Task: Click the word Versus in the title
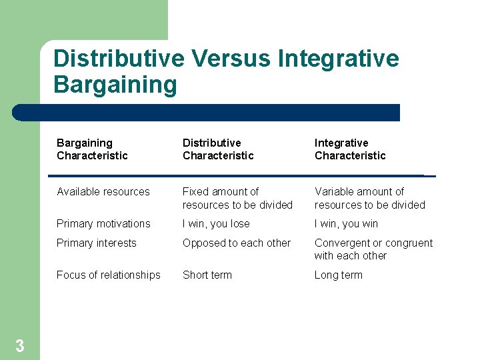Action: click(231, 59)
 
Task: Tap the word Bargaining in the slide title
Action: click(115, 85)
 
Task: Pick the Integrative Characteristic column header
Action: click(350, 149)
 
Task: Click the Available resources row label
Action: click(103, 192)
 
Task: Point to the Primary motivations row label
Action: click(103, 224)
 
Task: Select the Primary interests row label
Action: click(97, 243)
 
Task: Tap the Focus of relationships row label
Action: click(109, 275)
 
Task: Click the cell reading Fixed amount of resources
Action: click(237, 199)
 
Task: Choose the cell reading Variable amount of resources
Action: click(369, 199)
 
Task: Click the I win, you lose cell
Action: click(216, 224)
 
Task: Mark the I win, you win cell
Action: click(346, 224)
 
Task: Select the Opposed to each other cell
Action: click(237, 243)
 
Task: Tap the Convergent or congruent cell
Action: click(373, 249)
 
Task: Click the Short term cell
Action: click(207, 275)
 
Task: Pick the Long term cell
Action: click(339, 275)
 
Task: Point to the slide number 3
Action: click(20, 346)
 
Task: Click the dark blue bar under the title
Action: click(207, 113)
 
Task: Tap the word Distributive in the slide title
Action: click(119, 59)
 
